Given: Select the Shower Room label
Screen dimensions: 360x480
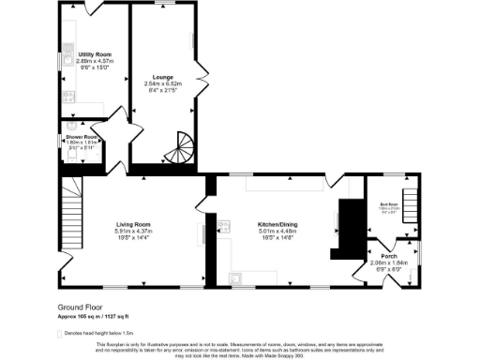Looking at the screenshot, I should coord(80,136).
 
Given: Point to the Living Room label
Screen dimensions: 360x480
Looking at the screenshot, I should coord(134,224).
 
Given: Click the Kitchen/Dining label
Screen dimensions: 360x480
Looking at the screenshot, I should coord(277,224).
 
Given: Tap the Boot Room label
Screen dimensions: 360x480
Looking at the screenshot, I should coord(388,203).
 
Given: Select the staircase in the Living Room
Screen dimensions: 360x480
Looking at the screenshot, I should coord(73,207).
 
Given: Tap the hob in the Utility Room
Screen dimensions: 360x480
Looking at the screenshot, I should coord(68,95).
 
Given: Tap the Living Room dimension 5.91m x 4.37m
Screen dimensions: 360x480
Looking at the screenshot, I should coord(134,232).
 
